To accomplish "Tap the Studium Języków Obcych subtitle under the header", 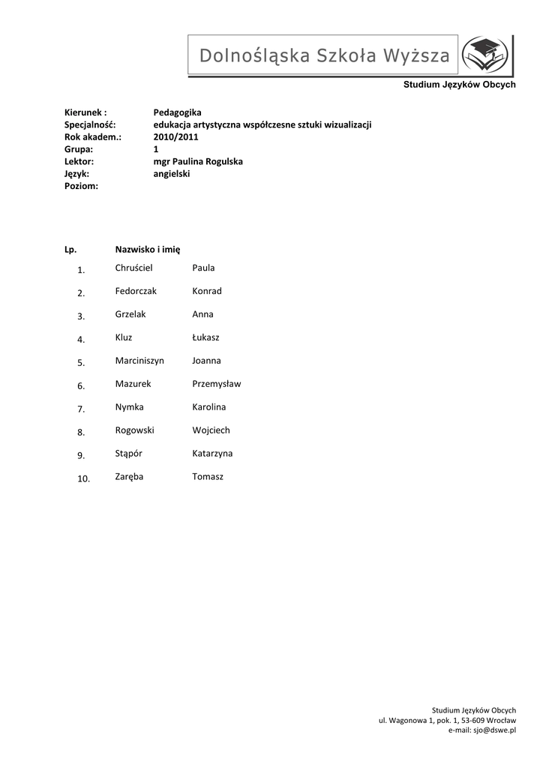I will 459,85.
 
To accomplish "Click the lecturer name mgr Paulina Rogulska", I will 198,161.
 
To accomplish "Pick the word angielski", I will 172,173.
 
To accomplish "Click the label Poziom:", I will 82,185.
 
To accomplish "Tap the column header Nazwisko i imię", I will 148,248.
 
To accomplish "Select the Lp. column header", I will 71,248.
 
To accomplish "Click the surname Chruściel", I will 133,268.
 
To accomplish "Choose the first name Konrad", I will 207,291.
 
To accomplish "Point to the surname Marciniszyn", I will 139,360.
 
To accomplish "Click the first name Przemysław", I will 217,383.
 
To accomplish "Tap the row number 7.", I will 81,409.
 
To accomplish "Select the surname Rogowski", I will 135,430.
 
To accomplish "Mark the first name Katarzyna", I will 212,453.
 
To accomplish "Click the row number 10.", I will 83,478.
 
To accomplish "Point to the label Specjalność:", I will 89,124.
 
